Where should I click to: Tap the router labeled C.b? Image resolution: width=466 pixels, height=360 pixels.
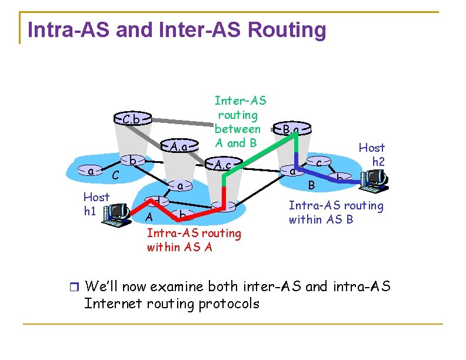(131, 119)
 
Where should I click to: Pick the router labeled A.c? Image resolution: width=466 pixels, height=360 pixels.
(222, 165)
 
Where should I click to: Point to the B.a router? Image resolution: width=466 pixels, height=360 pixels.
(291, 129)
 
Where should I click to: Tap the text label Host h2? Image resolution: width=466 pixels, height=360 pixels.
(372, 154)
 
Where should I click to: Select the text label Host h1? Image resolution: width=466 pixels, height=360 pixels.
(96, 204)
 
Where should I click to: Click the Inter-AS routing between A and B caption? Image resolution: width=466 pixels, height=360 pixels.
(238, 122)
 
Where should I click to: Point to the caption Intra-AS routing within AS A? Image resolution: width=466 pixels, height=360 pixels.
(194, 240)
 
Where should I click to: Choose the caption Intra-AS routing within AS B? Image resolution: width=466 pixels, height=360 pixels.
(335, 212)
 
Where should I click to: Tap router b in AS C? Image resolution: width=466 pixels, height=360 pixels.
(134, 161)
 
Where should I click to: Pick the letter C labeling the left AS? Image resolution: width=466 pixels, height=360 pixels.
(116, 175)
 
